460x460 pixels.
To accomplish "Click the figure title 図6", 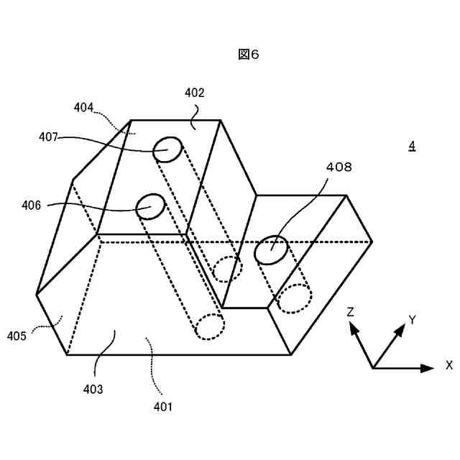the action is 248,55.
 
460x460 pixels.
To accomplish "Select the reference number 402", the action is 194,93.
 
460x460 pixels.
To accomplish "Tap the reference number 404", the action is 83,107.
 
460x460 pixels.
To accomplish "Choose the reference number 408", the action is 339,167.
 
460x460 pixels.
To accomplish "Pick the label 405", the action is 18,335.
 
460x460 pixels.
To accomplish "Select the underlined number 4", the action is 412,146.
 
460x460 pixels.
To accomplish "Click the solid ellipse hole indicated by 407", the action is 167,150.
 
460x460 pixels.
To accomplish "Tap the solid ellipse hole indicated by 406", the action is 151,206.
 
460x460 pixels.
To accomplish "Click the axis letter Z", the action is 350,312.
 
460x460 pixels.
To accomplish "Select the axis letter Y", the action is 412,319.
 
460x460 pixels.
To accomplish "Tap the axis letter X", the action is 448,365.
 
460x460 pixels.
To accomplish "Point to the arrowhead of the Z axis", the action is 354,328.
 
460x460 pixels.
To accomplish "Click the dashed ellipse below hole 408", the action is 294,298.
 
